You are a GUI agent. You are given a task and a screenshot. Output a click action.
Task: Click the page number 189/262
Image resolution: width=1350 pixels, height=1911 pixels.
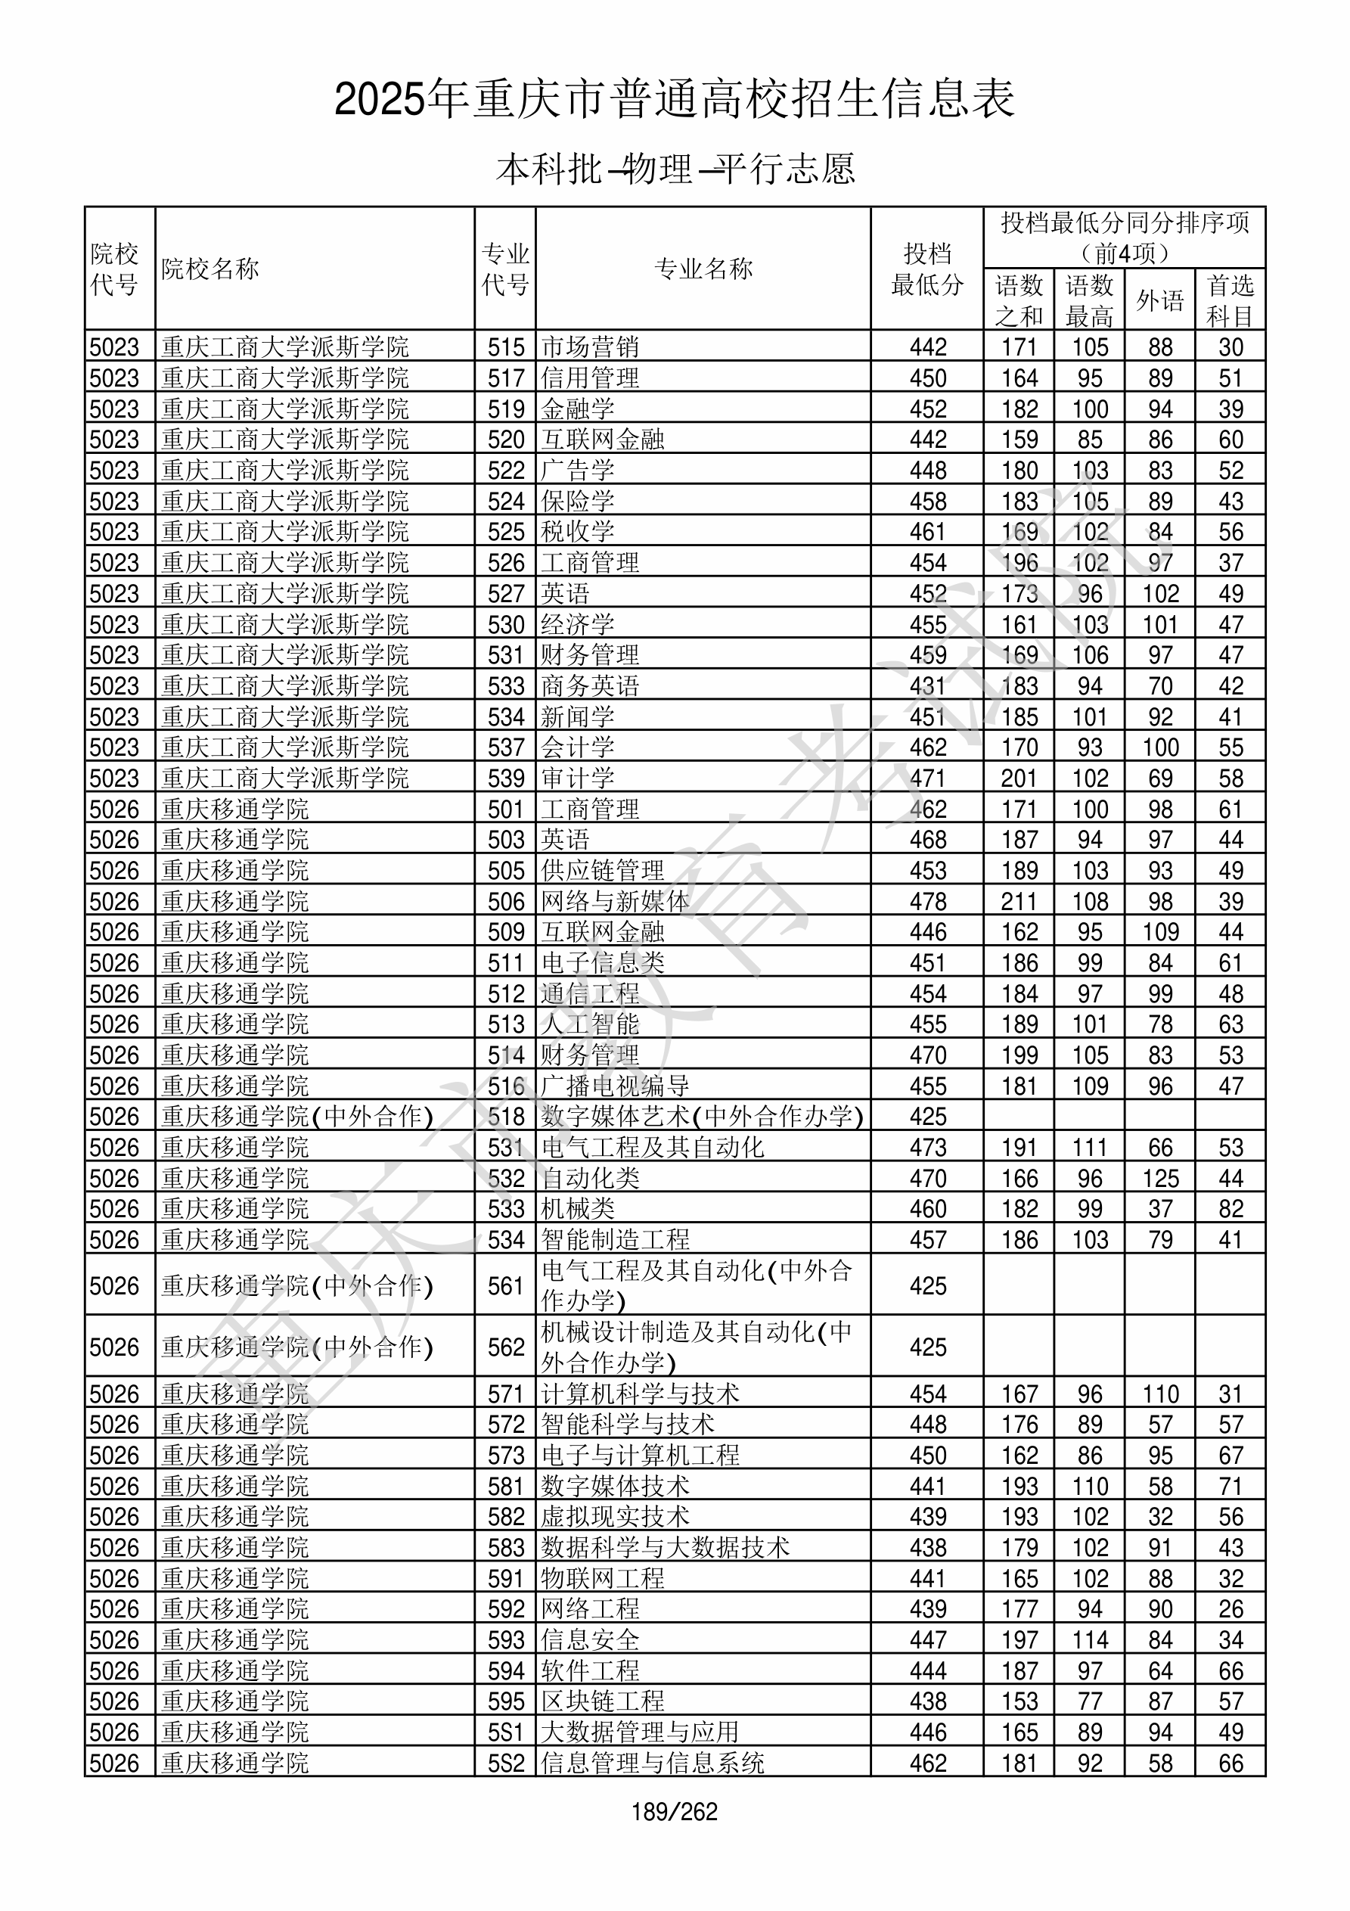[674, 1811]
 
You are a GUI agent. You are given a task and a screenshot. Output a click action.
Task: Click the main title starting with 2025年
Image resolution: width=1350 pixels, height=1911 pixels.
[674, 99]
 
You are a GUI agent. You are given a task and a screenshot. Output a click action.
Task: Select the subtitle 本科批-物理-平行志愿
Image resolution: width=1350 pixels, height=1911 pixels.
[674, 169]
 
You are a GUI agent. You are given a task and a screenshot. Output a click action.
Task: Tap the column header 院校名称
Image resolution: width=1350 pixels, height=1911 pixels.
[210, 269]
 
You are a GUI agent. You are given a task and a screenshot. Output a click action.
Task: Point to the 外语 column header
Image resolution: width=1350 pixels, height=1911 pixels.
[1159, 300]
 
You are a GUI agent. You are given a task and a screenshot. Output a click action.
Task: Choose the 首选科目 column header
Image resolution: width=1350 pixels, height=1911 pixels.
[1231, 300]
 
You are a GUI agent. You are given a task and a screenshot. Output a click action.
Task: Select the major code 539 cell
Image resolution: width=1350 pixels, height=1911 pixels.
[506, 778]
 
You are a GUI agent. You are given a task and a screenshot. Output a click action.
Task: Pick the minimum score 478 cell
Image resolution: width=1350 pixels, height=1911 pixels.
[927, 901]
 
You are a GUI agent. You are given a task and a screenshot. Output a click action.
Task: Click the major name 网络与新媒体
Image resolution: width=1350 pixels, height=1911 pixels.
[615, 901]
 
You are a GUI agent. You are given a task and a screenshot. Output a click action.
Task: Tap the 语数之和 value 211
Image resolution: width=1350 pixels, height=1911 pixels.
[1019, 901]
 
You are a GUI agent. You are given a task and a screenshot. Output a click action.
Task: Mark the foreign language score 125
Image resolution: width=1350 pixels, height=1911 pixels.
[1159, 1179]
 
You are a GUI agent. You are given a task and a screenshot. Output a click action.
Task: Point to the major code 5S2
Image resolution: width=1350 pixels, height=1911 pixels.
[506, 1763]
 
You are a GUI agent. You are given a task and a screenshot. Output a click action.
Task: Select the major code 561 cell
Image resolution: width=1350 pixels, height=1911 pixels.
[506, 1286]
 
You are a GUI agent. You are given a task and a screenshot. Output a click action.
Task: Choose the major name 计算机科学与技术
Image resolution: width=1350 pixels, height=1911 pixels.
[640, 1394]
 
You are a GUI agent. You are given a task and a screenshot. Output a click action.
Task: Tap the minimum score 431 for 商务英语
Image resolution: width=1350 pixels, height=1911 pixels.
[927, 686]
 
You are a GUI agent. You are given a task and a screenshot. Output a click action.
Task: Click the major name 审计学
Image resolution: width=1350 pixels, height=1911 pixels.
[578, 778]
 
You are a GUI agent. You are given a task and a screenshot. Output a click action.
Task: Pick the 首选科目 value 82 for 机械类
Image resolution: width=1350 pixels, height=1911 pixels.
[1231, 1208]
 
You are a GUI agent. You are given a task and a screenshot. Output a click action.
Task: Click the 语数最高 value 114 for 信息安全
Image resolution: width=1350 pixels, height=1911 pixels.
[1090, 1639]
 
